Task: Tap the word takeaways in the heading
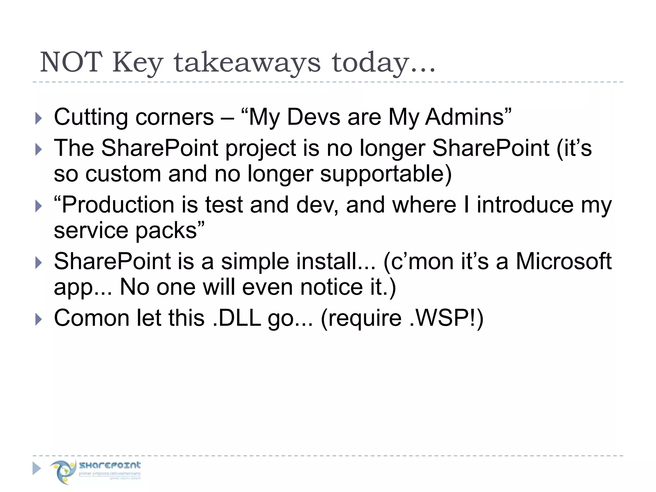tap(247, 63)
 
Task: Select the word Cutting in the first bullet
tap(91, 117)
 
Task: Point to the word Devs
tap(313, 117)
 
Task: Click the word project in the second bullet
tap(272, 149)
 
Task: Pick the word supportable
tap(386, 174)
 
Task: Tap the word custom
tap(123, 174)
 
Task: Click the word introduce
tap(525, 205)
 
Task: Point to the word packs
tap(170, 230)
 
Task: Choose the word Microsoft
tap(563, 261)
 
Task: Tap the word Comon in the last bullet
tap(92, 318)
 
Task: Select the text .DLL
tap(237, 318)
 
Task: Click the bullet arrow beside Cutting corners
tap(38, 118)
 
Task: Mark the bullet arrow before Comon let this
tap(38, 319)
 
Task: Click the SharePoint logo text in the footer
tap(110, 465)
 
